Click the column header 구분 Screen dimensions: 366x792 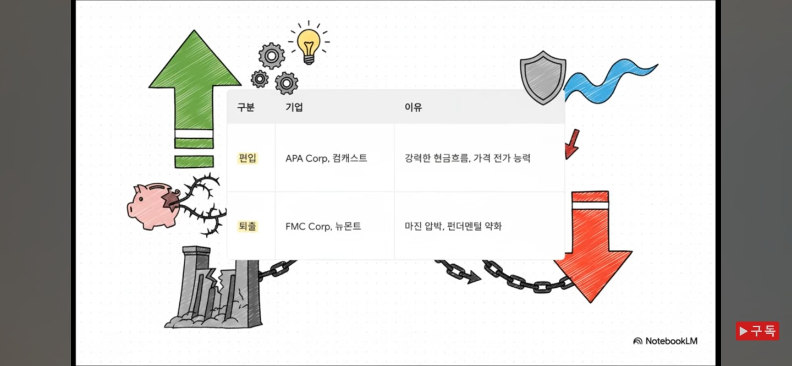pyautogui.click(x=246, y=107)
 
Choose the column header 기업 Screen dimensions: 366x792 pyautogui.click(x=294, y=107)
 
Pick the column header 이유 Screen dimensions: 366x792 pyautogui.click(x=413, y=107)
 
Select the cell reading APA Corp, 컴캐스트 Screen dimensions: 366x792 pyautogui.click(x=326, y=159)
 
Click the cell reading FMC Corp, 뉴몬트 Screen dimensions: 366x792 pyautogui.click(x=323, y=226)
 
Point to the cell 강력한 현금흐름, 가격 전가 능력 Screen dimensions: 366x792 pyautogui.click(x=468, y=159)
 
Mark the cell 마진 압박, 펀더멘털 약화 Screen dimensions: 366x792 pyautogui.click(x=453, y=226)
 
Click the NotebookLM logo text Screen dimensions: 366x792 pyautogui.click(x=666, y=341)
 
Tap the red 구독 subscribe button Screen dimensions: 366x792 pyautogui.click(x=757, y=331)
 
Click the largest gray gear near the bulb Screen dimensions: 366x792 pyautogui.click(x=272, y=56)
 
